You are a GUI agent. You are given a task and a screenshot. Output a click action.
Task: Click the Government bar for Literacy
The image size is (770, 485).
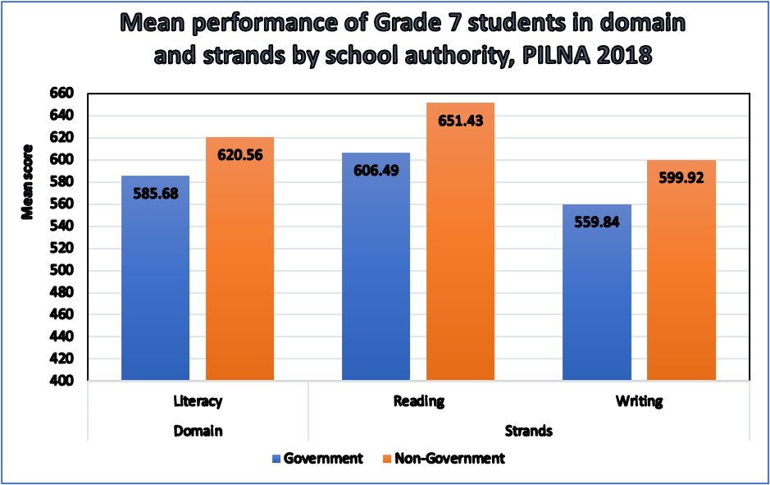coord(155,279)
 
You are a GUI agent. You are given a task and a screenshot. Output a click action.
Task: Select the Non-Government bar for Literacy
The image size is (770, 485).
coord(239,263)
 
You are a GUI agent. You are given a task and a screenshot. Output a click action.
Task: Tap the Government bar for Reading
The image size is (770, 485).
coord(375,271)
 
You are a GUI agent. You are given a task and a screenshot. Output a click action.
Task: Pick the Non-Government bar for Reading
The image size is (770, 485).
coord(460,246)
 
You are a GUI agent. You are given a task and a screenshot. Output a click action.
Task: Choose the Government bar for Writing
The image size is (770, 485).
coord(597,295)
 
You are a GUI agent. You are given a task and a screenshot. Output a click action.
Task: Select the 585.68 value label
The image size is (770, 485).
coord(155,193)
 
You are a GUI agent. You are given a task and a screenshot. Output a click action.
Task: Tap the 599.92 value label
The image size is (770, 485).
coord(681,176)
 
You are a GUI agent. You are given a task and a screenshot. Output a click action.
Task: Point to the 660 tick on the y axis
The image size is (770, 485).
coord(63,94)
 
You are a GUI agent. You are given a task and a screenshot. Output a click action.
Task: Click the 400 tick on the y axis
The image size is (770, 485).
coord(63,382)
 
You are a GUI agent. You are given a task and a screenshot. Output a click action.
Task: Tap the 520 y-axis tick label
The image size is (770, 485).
coord(63,249)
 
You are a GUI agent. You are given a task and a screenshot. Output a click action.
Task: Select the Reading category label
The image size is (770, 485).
coord(418,402)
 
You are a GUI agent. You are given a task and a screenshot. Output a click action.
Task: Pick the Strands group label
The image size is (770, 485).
coord(529,430)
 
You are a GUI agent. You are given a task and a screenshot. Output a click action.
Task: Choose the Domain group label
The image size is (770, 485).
coord(198,430)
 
